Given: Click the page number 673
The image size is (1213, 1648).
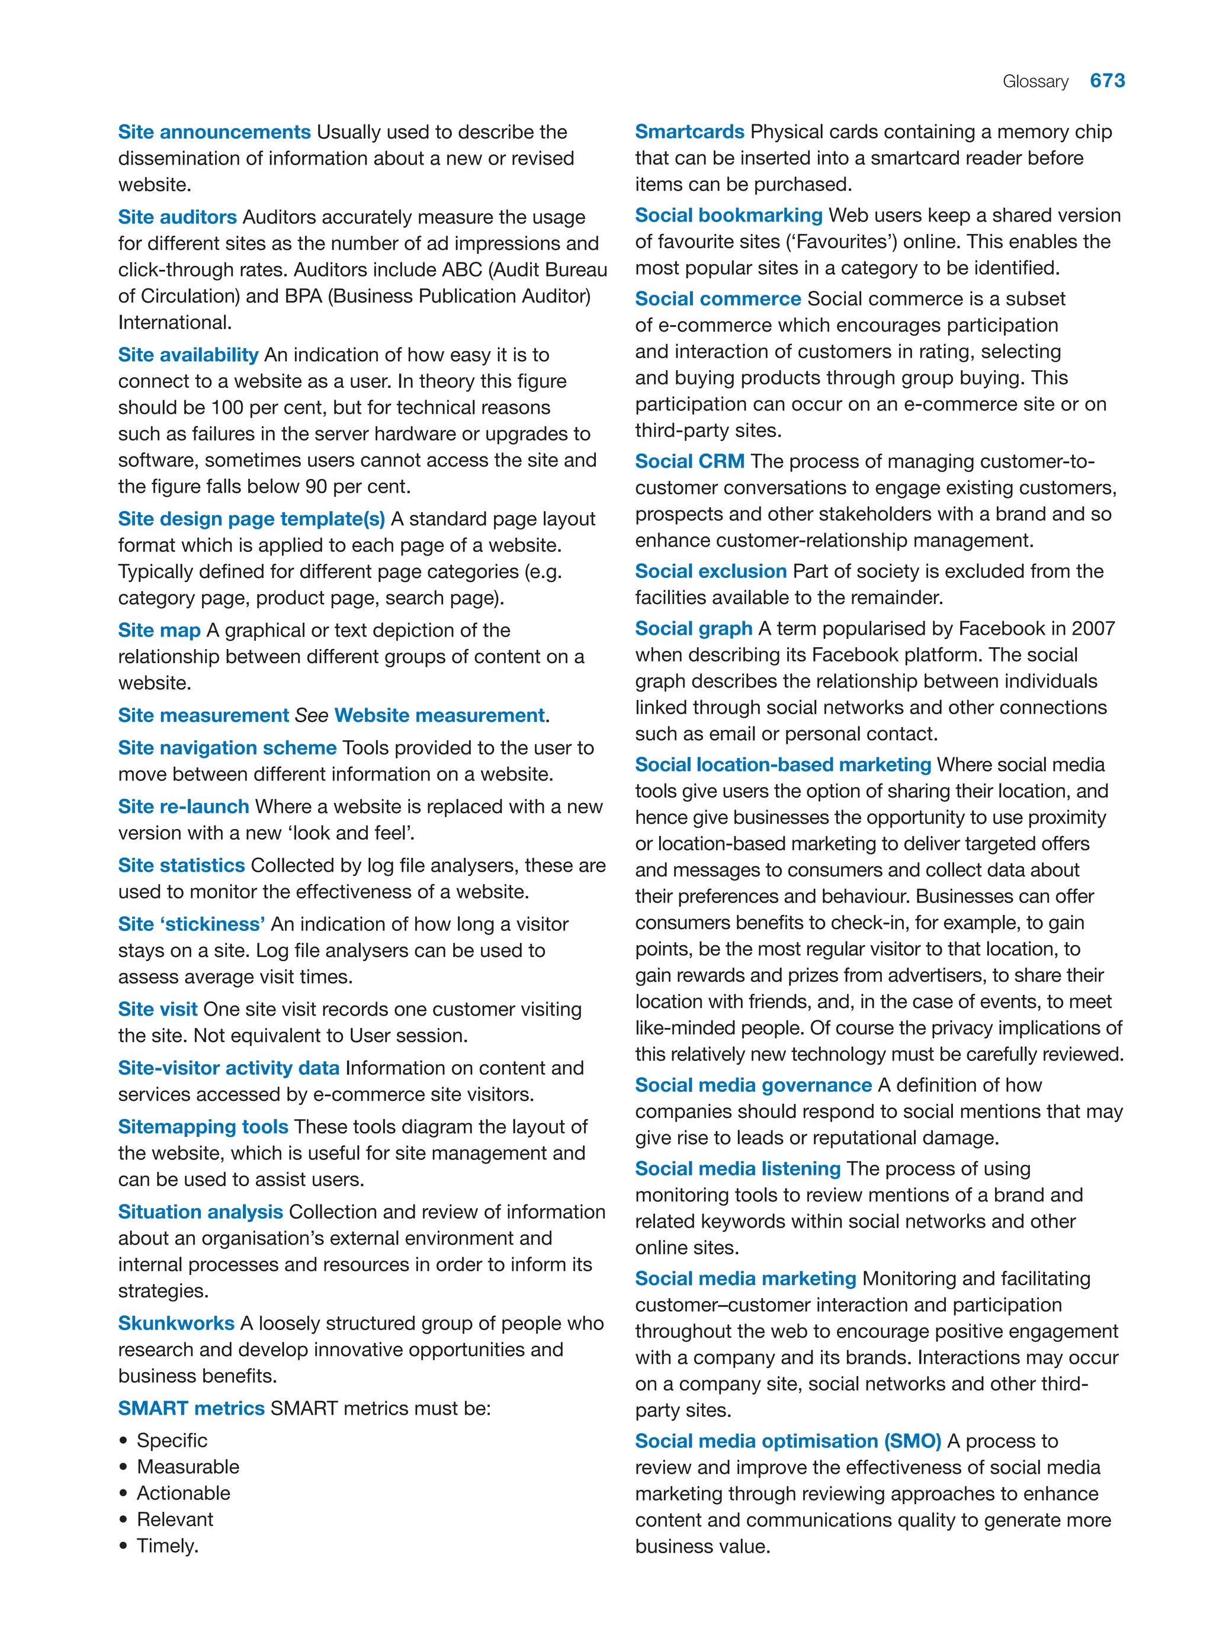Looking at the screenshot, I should pyautogui.click(x=1106, y=81).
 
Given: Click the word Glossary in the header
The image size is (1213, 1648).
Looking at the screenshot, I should pyautogui.click(x=1035, y=82).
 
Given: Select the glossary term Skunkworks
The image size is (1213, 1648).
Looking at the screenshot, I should pyautogui.click(x=177, y=1323).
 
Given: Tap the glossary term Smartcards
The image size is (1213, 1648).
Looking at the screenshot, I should pyautogui.click(x=689, y=131).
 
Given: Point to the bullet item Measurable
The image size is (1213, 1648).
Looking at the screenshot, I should pyautogui.click(x=188, y=1466).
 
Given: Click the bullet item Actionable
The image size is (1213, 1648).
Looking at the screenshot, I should pyautogui.click(x=184, y=1492).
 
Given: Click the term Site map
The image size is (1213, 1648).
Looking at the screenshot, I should pyautogui.click(x=159, y=630).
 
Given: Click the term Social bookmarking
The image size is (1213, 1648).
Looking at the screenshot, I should pyautogui.click(x=728, y=215).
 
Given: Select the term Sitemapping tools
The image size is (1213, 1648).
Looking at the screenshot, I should pyautogui.click(x=203, y=1126).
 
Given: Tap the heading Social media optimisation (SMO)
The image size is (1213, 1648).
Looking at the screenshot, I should pyautogui.click(x=787, y=1440).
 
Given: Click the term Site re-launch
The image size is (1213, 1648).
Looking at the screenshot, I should pyautogui.click(x=184, y=806).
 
